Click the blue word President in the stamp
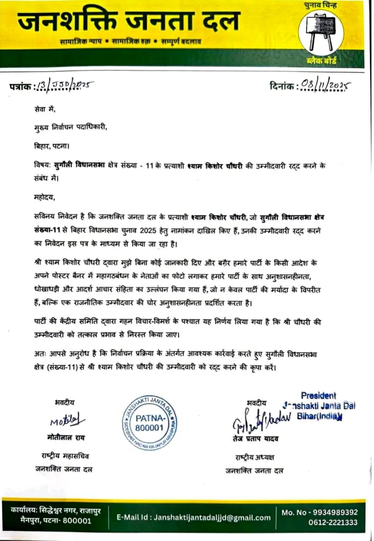point(318,396)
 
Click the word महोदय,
point(44,197)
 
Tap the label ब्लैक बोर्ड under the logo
point(321,62)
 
